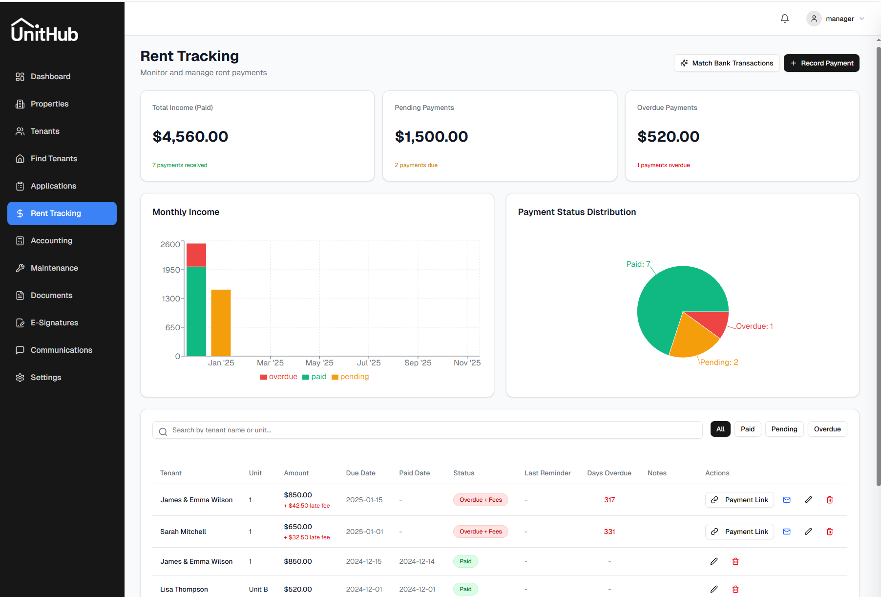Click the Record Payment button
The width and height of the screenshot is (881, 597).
click(x=821, y=63)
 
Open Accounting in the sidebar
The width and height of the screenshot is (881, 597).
click(x=51, y=240)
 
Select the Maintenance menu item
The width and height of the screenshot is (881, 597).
click(x=54, y=268)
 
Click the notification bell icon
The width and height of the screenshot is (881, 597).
click(x=785, y=19)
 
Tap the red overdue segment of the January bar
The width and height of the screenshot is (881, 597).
click(x=196, y=255)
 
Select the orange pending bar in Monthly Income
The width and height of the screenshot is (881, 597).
click(x=221, y=322)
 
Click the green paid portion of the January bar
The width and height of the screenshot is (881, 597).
click(x=196, y=311)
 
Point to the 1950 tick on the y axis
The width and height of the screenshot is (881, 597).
click(x=171, y=270)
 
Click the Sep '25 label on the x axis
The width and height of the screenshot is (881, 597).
click(x=418, y=362)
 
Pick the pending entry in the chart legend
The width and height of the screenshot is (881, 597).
click(x=350, y=377)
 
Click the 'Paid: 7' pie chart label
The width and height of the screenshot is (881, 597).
click(x=638, y=264)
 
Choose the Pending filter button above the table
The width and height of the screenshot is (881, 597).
click(x=784, y=429)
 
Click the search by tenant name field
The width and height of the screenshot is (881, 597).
click(x=427, y=430)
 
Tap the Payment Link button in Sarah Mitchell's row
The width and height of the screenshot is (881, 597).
click(x=739, y=532)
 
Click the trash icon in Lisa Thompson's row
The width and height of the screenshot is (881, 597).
click(x=735, y=589)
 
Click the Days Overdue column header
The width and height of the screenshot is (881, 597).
click(x=609, y=473)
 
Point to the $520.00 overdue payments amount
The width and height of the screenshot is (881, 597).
click(x=668, y=137)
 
